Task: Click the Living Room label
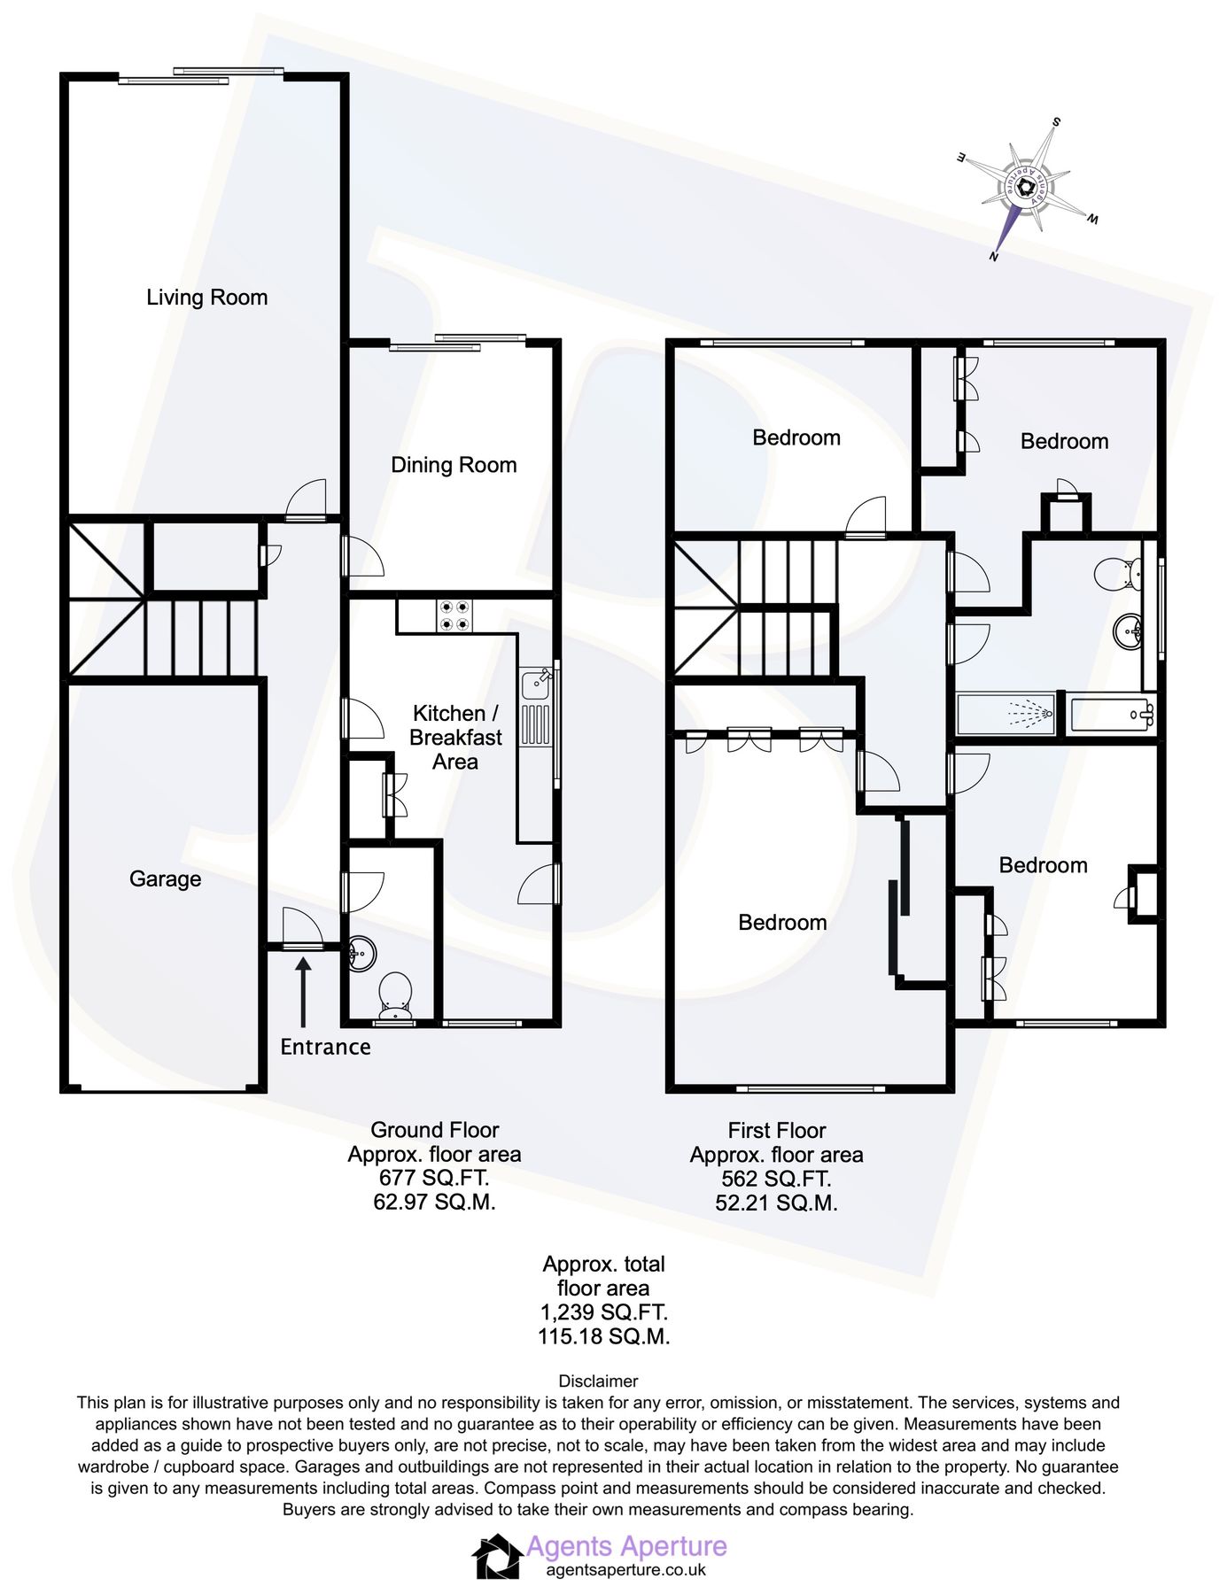coord(206,298)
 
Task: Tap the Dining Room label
coord(454,465)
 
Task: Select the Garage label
coord(165,878)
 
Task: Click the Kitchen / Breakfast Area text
coord(455,737)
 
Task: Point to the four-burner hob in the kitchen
coord(454,615)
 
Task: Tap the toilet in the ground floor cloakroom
coord(395,995)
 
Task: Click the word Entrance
coord(325,1047)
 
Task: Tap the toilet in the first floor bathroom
coord(1117,574)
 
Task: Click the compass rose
coord(1027,187)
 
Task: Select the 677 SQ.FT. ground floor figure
coord(434,1178)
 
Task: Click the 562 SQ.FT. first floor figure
coord(776,1179)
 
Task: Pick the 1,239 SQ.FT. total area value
coord(603,1312)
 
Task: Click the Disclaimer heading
coord(598,1381)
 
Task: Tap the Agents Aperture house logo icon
coord(497,1556)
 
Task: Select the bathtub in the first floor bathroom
coord(1112,713)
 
